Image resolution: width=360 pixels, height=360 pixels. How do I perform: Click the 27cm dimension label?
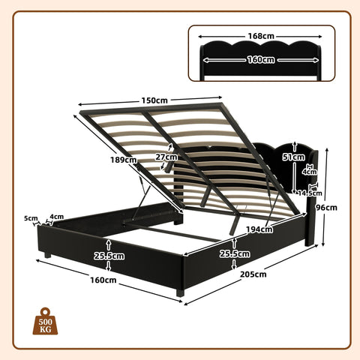(x=167, y=157)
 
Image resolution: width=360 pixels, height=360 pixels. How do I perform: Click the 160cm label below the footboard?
(x=103, y=280)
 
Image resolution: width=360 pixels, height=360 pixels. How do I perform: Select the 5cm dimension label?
(x=30, y=219)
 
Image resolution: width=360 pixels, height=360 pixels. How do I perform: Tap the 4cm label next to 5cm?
(x=55, y=218)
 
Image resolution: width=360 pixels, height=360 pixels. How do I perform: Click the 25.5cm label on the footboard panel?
(x=109, y=255)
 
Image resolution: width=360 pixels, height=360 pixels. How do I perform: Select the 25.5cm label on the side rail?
(x=235, y=253)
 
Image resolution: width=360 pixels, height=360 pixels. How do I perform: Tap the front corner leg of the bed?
(x=180, y=289)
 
